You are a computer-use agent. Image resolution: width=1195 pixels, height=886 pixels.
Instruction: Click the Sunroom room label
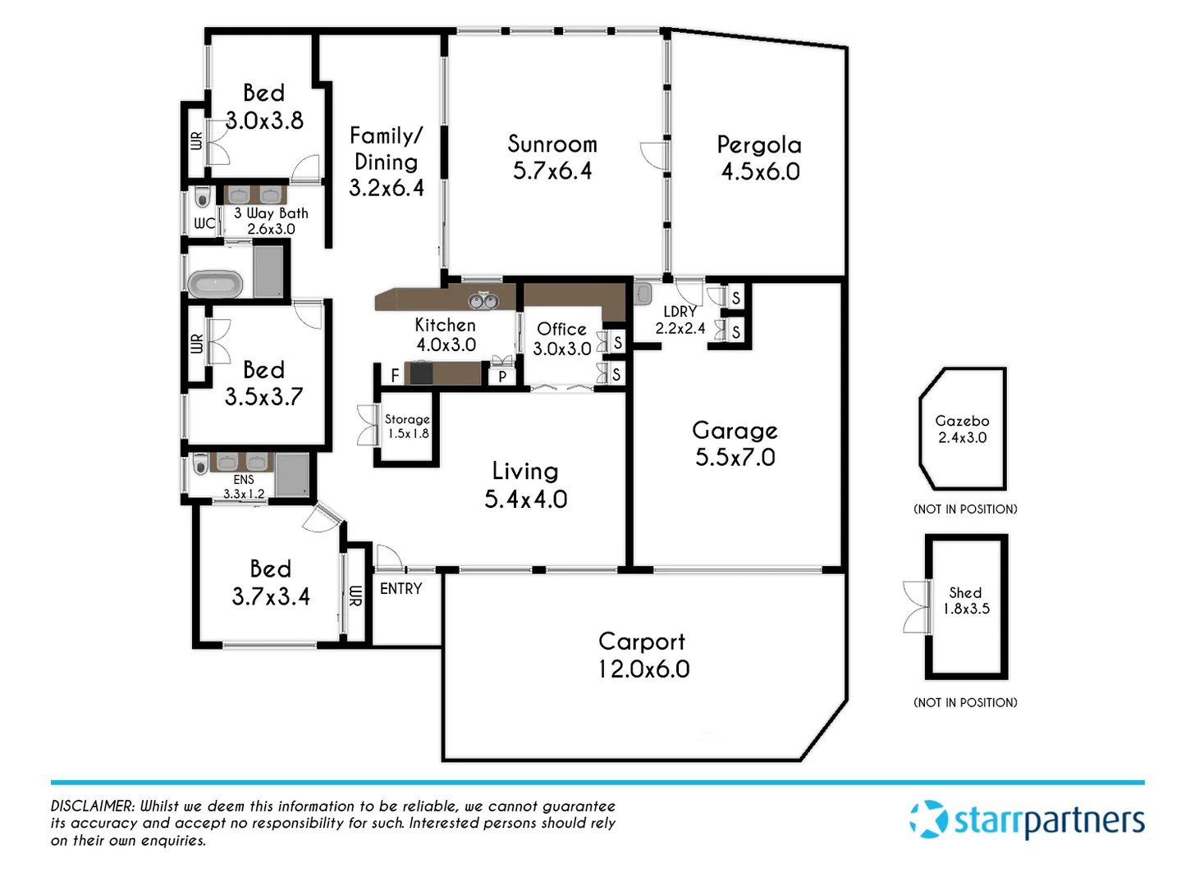click(552, 144)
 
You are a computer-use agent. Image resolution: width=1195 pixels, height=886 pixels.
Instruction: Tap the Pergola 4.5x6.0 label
click(759, 158)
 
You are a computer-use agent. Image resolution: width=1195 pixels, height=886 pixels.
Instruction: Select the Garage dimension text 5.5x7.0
click(735, 458)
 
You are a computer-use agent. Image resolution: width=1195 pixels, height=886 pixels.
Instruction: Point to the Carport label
click(642, 642)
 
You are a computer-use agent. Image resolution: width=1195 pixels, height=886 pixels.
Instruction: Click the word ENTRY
click(401, 589)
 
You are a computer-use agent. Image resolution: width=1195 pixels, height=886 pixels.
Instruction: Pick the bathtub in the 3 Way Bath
click(215, 285)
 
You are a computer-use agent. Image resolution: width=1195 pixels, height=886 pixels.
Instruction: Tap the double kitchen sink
click(483, 301)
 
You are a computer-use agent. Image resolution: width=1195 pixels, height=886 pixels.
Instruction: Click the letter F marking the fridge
click(395, 376)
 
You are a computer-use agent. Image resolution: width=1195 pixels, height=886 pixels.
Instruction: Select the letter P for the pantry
click(502, 377)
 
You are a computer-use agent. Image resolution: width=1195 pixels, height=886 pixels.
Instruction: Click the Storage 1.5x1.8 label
click(408, 427)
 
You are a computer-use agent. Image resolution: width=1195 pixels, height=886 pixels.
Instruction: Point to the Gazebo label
click(962, 421)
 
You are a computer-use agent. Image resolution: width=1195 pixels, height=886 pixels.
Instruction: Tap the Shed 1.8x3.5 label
click(966, 601)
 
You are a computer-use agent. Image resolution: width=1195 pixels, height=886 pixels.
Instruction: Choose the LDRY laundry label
click(680, 312)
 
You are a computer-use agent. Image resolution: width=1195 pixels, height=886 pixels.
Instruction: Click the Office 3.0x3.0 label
click(562, 339)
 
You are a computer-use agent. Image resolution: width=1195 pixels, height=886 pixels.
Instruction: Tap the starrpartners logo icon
click(928, 820)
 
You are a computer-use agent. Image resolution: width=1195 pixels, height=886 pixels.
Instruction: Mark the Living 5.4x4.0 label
click(525, 485)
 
